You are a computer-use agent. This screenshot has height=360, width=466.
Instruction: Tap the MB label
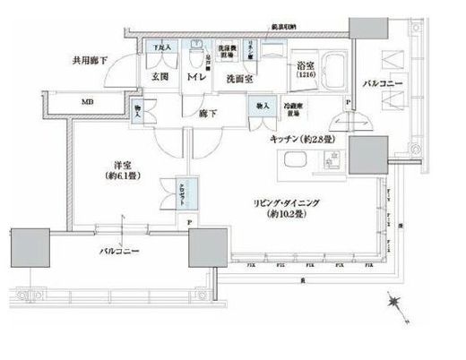pos(88,102)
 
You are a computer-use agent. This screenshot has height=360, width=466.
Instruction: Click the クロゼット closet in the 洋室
pos(169,195)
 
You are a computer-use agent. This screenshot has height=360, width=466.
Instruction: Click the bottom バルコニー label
pos(116,253)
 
